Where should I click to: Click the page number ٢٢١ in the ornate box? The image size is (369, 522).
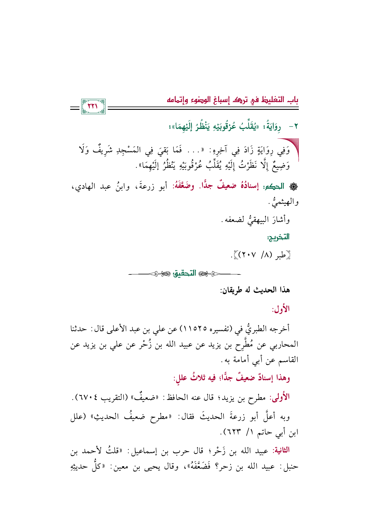(x=93, y=106)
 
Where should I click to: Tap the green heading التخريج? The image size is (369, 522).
(x=278, y=237)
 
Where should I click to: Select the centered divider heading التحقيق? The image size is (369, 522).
(x=185, y=273)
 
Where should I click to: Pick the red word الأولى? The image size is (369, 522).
(x=279, y=397)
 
